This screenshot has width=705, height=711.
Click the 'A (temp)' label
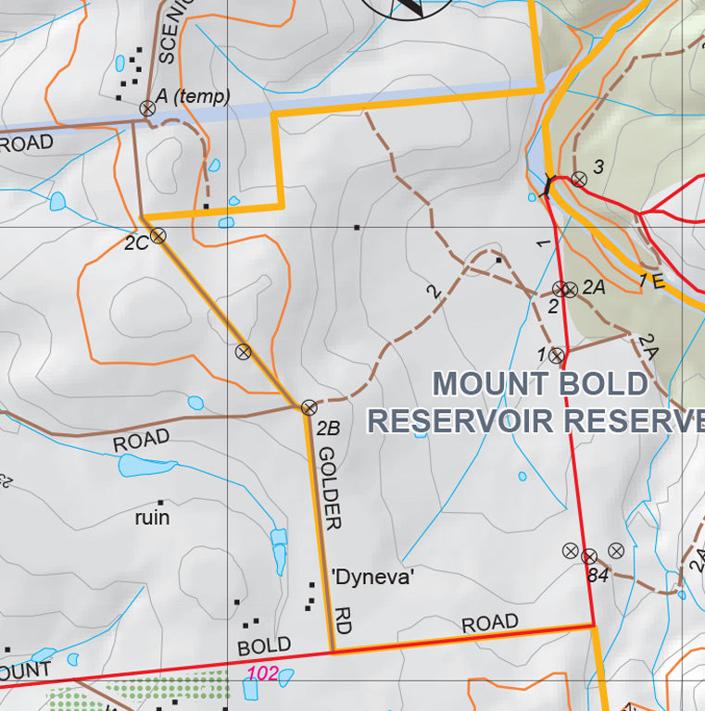(193, 96)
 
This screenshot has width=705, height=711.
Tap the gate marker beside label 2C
(158, 235)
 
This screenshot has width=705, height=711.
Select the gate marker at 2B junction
(308, 406)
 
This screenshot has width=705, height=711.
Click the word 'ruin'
(152, 518)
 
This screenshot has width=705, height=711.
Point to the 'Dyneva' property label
(372, 578)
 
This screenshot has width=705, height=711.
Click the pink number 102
(263, 674)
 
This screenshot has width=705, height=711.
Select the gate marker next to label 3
(578, 179)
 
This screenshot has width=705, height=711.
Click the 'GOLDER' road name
(330, 488)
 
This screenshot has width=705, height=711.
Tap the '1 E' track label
(652, 281)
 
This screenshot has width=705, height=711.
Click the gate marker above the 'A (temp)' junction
(146, 108)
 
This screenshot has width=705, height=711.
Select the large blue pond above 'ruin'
(146, 466)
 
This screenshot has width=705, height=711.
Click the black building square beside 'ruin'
(160, 501)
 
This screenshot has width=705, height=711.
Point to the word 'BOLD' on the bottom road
(264, 645)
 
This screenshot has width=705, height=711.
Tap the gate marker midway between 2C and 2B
(243, 351)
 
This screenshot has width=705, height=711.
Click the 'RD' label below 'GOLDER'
(342, 620)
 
